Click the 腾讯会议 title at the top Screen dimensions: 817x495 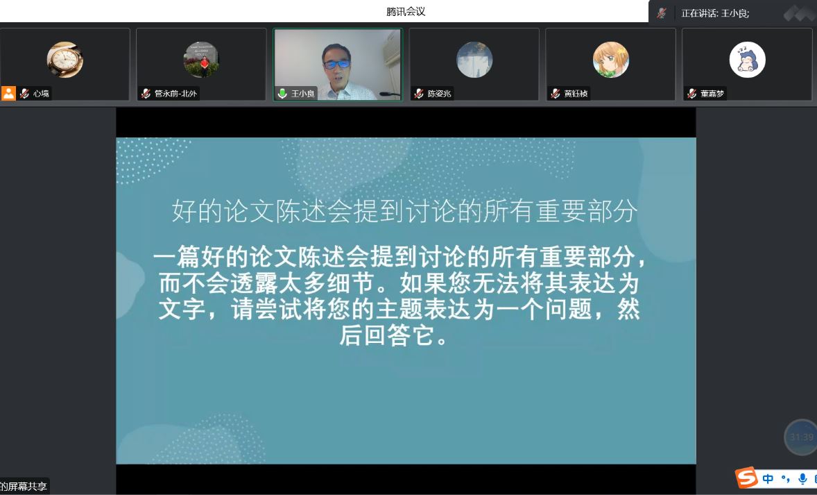(x=406, y=12)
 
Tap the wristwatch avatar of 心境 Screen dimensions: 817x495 (x=65, y=60)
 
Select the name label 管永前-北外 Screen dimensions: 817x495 (x=175, y=93)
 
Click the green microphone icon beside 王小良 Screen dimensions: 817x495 (x=282, y=93)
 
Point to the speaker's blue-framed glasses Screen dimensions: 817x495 (x=336, y=64)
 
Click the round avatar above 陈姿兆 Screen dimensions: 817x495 (x=474, y=60)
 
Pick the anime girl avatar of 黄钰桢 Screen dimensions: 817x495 (x=610, y=60)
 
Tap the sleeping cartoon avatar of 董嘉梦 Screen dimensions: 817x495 (x=747, y=60)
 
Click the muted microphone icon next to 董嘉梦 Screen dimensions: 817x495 (x=692, y=93)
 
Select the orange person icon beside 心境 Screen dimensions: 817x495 (x=8, y=93)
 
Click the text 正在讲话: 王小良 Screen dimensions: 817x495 (x=715, y=14)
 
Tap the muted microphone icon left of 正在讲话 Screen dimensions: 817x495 (x=662, y=13)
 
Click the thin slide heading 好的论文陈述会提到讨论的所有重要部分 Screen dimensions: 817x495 (x=405, y=211)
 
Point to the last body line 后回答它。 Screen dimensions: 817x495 (x=394, y=335)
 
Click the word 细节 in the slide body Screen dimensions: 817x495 (x=351, y=284)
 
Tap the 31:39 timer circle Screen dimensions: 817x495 (x=801, y=437)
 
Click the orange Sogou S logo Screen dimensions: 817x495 (x=746, y=477)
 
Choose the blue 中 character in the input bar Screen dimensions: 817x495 (x=768, y=478)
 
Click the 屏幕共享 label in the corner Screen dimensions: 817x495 (x=26, y=486)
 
